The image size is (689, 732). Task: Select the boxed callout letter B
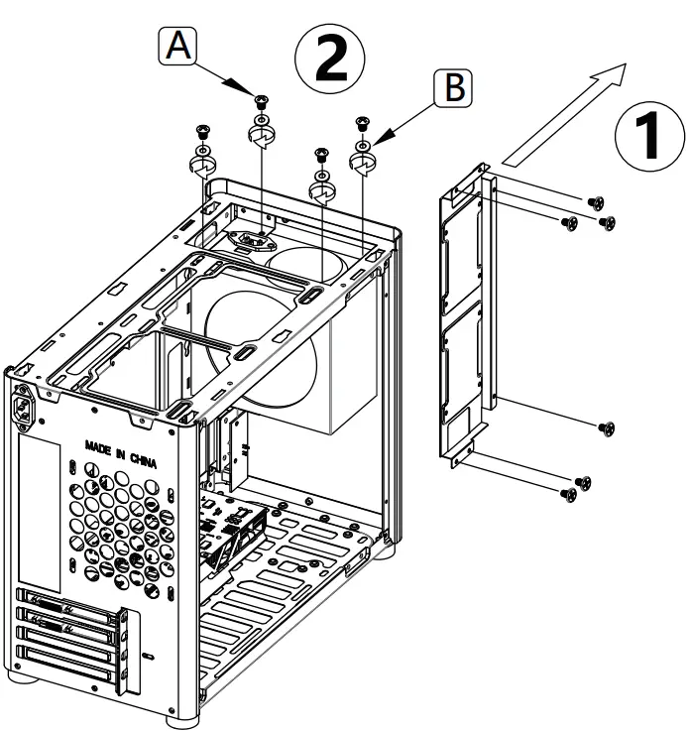click(453, 87)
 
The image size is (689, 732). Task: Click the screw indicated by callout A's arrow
click(262, 99)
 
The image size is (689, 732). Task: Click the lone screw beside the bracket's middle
click(607, 428)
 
